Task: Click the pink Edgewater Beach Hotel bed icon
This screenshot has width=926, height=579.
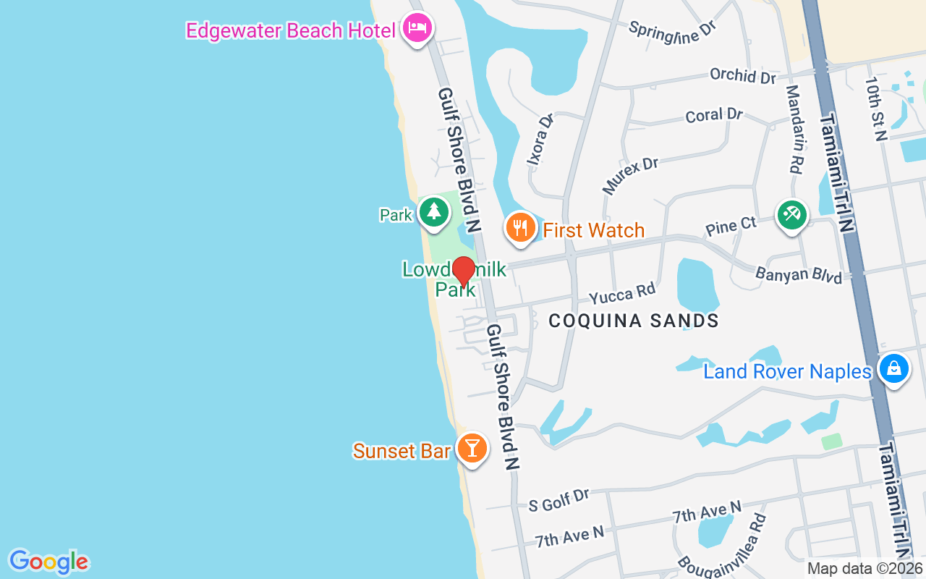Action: point(417,29)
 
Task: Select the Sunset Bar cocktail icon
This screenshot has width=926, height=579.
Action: point(472,449)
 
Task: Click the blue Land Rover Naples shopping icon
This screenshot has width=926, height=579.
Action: point(894,369)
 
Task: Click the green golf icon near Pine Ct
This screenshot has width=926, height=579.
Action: point(792,215)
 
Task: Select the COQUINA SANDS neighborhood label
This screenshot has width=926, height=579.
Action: point(634,321)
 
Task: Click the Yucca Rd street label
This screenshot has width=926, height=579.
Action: point(621,294)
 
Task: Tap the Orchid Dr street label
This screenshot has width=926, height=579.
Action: point(743,75)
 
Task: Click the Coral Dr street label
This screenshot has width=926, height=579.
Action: point(714,115)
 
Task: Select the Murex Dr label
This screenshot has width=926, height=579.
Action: point(631,175)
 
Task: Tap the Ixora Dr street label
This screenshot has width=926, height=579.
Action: point(540,138)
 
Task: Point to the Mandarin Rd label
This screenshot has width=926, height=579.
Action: point(794,130)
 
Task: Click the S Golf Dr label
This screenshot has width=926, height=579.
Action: point(558,500)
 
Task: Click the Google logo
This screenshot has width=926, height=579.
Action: point(48,562)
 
